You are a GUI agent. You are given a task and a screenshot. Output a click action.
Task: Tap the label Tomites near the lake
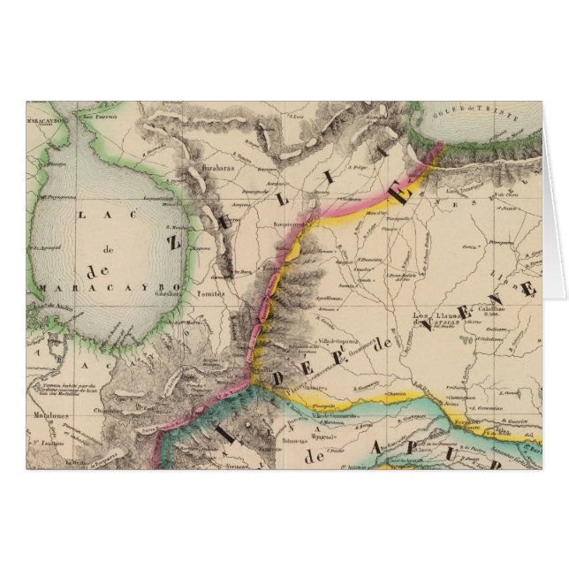(212, 295)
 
